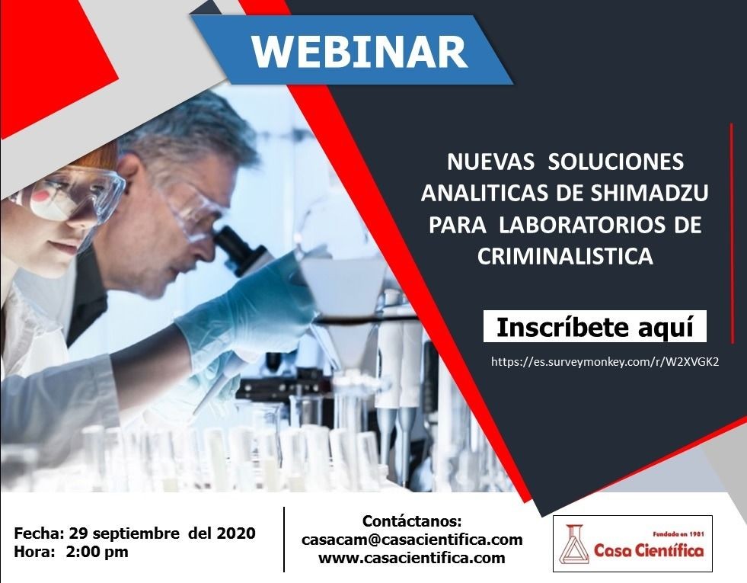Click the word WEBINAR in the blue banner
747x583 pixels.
coord(359,52)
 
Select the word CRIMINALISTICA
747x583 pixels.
coord(565,256)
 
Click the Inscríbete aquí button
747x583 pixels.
coord(595,326)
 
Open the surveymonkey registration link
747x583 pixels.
coord(605,362)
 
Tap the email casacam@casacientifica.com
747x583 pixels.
coord(412,540)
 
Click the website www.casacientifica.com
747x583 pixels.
coord(412,558)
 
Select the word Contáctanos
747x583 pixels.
coord(412,521)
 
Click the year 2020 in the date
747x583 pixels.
coord(236,533)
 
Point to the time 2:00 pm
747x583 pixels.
coord(97,552)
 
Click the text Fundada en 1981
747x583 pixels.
coord(678,534)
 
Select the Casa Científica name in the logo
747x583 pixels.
coord(648,550)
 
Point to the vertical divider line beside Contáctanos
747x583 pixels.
coord(284,539)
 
